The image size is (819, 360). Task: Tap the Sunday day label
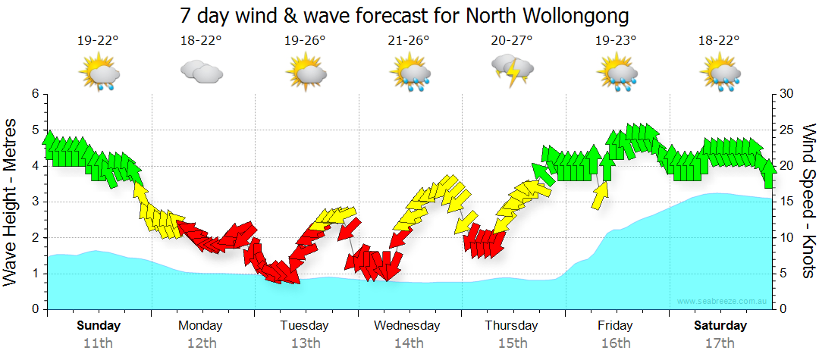(x=99, y=326)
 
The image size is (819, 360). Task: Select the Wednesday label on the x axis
(x=407, y=326)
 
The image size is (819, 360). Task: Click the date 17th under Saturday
(x=720, y=343)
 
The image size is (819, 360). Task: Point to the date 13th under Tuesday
(x=306, y=343)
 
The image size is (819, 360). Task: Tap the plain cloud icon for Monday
(x=201, y=72)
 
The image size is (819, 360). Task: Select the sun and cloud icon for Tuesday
(x=306, y=73)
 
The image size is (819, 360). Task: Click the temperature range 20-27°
(x=512, y=41)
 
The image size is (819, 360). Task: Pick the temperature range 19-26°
(x=306, y=41)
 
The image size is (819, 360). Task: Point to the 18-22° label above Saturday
(x=720, y=41)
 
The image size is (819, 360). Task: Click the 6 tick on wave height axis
(x=35, y=94)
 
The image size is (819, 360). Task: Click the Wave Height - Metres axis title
(x=12, y=201)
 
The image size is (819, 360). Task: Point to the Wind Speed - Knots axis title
(x=808, y=201)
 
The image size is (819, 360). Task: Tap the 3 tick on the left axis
(x=35, y=202)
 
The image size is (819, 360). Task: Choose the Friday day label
(x=615, y=326)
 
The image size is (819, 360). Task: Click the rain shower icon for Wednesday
(x=409, y=73)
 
